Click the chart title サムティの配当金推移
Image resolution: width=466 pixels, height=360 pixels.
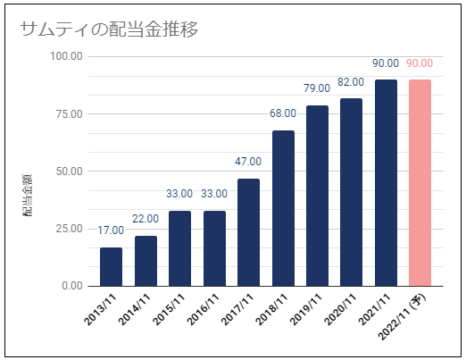tap(109, 29)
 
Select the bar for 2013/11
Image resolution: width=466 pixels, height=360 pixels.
tap(111, 267)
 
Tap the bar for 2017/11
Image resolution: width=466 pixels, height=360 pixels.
tap(248, 232)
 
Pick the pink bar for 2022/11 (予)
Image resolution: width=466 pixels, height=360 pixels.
tap(420, 183)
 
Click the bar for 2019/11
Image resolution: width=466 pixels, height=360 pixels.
tap(317, 196)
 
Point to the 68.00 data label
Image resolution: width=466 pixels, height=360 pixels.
tap(283, 113)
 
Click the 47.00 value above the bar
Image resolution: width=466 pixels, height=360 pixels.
tap(248, 162)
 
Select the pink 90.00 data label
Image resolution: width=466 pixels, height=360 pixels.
tap(420, 63)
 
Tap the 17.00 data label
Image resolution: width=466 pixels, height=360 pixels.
tap(111, 230)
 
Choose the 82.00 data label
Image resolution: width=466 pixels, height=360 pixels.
tap(351, 82)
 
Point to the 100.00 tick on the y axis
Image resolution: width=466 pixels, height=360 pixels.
tap(66, 56)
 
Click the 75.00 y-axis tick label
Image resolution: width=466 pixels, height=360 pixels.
tap(69, 113)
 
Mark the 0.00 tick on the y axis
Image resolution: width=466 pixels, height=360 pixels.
tap(72, 286)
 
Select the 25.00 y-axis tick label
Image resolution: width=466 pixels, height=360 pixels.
tap(69, 229)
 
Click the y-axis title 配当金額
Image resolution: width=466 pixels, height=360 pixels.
tap(27, 196)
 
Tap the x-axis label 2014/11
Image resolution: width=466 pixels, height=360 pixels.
tap(134, 309)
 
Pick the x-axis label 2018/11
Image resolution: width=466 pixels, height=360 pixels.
tap(271, 309)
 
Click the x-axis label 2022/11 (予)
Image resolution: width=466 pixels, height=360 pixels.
tap(403, 316)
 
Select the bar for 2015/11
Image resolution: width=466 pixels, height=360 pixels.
tap(179, 248)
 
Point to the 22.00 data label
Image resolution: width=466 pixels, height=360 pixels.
tap(146, 219)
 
